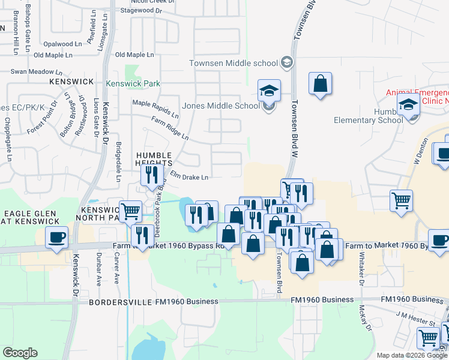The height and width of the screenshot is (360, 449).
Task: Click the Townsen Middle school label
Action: pyautogui.click(x=234, y=63)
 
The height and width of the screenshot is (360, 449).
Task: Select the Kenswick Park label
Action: pyautogui.click(x=133, y=83)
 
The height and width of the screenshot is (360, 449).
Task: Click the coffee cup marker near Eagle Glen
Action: pyautogui.click(x=57, y=236)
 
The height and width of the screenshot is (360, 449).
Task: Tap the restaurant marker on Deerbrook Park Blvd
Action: pyautogui.click(x=150, y=175)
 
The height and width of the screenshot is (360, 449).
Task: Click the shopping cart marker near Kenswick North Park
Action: pyautogui.click(x=130, y=211)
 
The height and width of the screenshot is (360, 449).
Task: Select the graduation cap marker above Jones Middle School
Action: pyautogui.click(x=269, y=91)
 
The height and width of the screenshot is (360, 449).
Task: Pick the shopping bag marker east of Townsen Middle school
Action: pyautogui.click(x=320, y=83)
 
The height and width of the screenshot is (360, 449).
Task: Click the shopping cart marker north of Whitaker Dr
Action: pyautogui.click(x=400, y=200)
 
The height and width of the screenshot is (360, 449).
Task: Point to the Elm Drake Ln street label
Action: pyautogui.click(x=188, y=176)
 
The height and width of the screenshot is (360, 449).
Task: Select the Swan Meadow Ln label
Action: pyautogui.click(x=32, y=71)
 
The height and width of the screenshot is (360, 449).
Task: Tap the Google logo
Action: pyautogui.click(x=20, y=353)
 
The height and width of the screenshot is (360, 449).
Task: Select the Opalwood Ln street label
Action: pyautogui.click(x=62, y=44)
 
